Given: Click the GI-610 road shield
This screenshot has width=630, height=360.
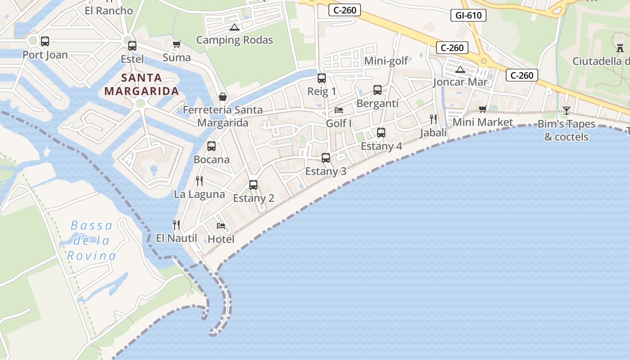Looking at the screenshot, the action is click(468, 15).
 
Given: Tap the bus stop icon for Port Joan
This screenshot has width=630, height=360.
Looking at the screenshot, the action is click(45, 41).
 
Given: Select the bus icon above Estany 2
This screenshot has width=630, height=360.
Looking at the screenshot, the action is click(253, 184).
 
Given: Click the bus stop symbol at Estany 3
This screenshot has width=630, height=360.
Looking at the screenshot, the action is click(326, 158).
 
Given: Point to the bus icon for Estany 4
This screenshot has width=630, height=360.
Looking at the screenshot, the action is click(381, 133).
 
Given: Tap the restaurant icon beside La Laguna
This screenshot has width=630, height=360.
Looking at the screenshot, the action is click(199, 181).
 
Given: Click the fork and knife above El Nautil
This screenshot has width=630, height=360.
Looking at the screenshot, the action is click(176, 225).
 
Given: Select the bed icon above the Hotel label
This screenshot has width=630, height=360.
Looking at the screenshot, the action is click(221, 225).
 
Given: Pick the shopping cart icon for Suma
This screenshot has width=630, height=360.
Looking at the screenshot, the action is click(177, 44).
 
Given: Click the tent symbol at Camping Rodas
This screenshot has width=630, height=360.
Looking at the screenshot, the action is click(234, 27).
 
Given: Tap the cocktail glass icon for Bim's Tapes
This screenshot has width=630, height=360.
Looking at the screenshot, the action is click(566, 110).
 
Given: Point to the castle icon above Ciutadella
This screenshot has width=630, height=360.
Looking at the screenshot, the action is click(620, 47).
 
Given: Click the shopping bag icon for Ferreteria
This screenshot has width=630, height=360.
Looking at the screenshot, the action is click(223, 97).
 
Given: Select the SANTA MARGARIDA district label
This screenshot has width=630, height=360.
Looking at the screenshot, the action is click(142, 85).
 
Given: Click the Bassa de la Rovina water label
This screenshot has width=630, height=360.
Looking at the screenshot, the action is click(92, 241).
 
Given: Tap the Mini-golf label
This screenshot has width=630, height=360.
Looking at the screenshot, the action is click(386, 61).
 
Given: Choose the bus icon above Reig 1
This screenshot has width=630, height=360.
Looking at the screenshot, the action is click(322, 78).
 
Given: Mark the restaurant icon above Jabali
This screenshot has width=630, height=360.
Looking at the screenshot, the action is click(433, 119).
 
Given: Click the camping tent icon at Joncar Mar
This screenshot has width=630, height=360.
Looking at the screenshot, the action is click(460, 69).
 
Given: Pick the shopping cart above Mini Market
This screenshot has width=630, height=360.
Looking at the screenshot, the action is click(483, 109).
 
